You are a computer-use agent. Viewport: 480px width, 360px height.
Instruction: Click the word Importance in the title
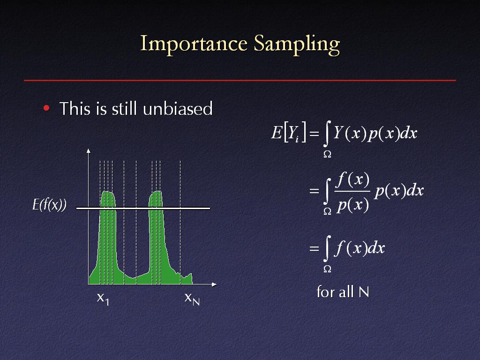(x=194, y=44)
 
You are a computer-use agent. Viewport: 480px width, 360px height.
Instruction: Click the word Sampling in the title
(x=297, y=45)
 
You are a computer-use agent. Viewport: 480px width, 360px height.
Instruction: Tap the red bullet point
(x=46, y=108)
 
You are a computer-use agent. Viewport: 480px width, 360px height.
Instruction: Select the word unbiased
(x=178, y=108)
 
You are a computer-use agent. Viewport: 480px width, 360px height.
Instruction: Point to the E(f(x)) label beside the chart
(x=50, y=204)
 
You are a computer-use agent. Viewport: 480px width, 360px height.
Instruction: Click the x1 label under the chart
(x=103, y=299)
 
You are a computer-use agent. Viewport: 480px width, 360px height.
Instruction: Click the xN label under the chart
(x=192, y=299)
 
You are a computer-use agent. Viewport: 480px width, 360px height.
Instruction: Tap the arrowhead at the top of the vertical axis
(x=89, y=150)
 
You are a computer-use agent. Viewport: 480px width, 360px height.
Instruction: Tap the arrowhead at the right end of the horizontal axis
(x=214, y=285)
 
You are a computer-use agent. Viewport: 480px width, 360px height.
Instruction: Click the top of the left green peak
(x=107, y=192)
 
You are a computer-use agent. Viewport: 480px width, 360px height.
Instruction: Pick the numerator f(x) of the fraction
(x=352, y=180)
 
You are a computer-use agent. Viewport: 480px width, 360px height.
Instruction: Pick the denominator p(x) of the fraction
(x=352, y=204)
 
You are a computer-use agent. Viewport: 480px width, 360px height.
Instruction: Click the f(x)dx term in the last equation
(x=360, y=247)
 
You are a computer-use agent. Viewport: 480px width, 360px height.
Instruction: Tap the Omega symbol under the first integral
(x=327, y=155)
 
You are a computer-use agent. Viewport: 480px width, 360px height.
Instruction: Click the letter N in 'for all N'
(x=364, y=292)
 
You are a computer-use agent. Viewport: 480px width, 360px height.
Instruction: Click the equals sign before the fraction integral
(x=315, y=191)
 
